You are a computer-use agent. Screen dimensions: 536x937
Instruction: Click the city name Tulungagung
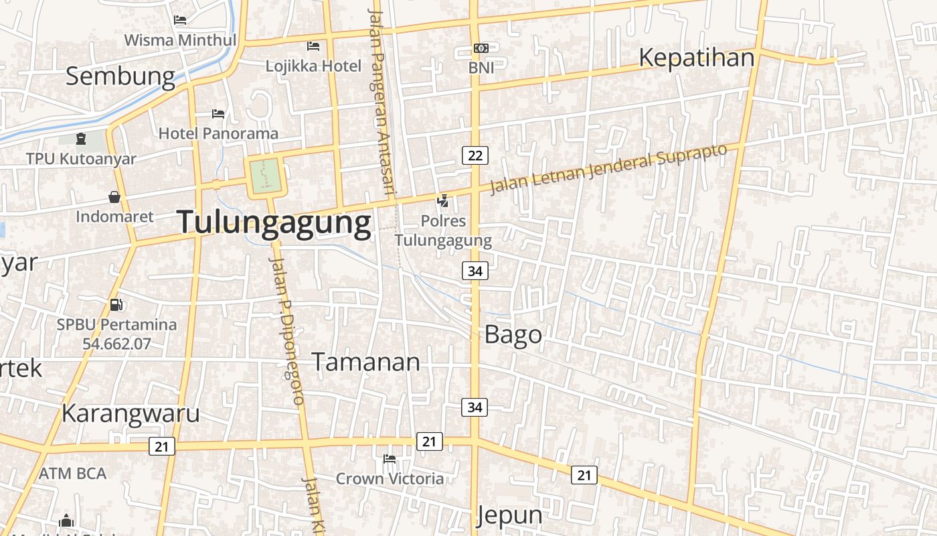point(274,223)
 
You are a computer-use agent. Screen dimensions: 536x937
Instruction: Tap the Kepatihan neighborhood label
point(696,58)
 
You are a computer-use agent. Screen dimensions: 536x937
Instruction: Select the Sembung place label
point(120,76)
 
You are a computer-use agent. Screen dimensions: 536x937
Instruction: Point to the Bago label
point(513,334)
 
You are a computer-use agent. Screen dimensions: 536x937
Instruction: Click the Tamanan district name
point(366,362)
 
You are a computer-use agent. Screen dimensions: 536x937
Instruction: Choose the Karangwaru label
point(131,413)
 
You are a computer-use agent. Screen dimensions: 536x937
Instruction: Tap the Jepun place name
point(509,515)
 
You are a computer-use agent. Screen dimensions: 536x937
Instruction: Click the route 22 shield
point(475,155)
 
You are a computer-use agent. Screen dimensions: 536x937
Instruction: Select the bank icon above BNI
point(481,48)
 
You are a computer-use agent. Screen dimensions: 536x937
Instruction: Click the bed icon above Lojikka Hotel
point(313,46)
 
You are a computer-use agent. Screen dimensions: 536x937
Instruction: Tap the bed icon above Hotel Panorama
point(218,114)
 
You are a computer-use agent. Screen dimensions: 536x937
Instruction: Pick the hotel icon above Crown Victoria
point(390,459)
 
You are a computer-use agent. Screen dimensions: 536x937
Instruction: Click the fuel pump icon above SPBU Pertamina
point(116,305)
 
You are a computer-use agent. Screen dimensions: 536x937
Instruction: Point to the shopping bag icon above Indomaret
point(114,197)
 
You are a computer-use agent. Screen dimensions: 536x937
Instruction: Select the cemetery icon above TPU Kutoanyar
point(81,139)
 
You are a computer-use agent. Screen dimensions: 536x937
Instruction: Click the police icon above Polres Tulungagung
point(442,200)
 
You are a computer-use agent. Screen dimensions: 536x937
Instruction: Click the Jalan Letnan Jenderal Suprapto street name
point(608,168)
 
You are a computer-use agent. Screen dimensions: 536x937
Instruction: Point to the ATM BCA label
point(72,474)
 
